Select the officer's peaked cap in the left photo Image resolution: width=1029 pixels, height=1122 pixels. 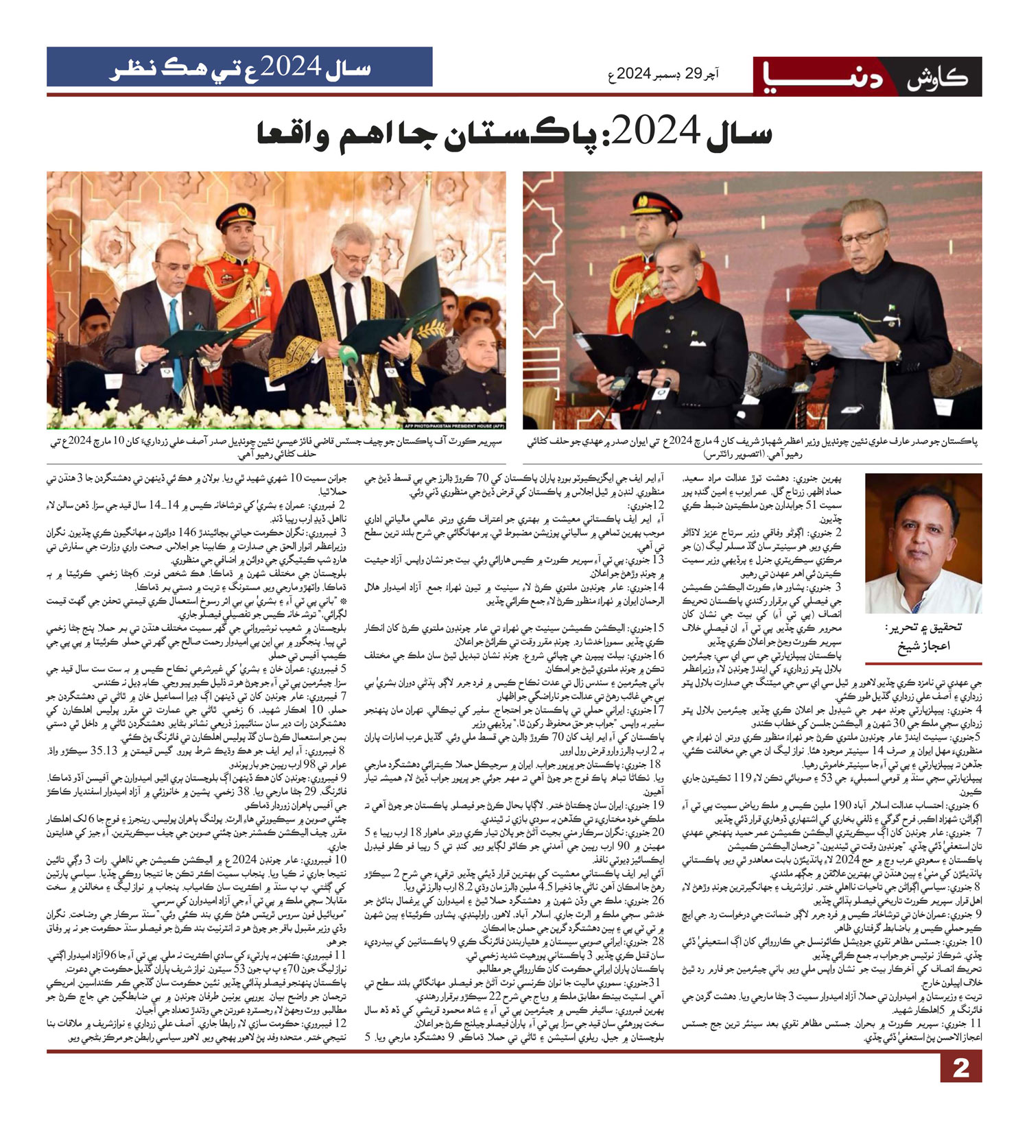pyautogui.click(x=235, y=217)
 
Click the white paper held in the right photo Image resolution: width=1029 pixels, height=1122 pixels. pyautogui.click(x=831, y=334)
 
